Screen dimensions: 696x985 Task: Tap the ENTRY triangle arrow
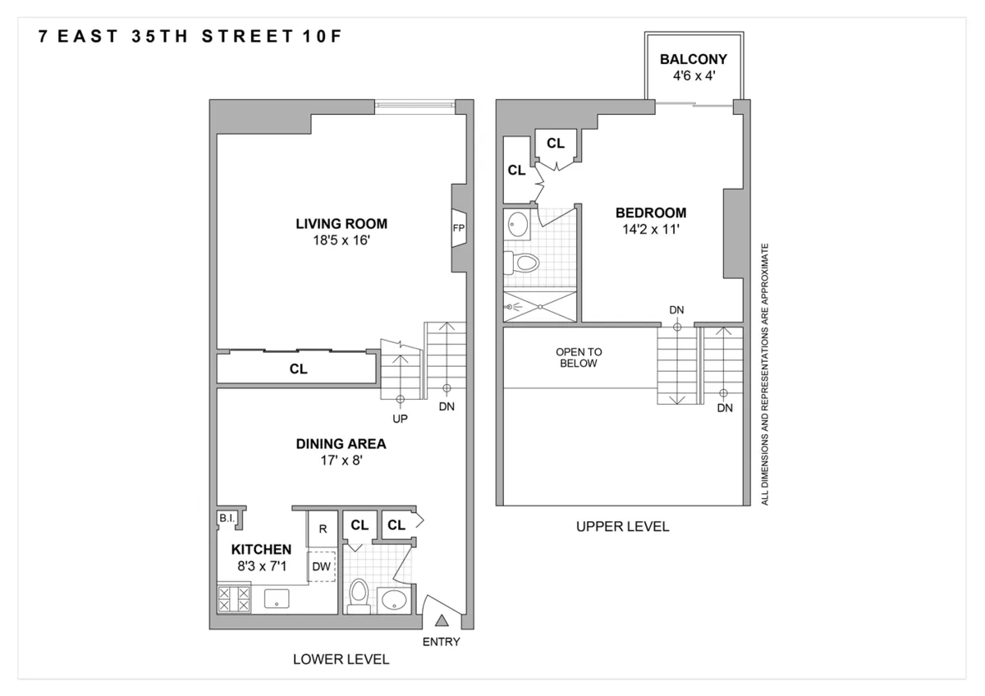click(442, 620)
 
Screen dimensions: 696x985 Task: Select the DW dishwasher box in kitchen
click(322, 565)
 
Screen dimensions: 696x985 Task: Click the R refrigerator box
click(322, 529)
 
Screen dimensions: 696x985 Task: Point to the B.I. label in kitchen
click(226, 519)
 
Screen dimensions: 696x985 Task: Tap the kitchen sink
click(277, 598)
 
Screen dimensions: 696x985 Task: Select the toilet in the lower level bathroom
click(359, 596)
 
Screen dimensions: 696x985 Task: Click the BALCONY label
click(694, 60)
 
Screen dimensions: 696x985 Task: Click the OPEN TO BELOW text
click(578, 357)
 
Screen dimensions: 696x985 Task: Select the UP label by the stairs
click(401, 418)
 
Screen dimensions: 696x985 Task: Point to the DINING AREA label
click(341, 444)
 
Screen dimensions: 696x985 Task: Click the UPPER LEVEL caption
click(622, 527)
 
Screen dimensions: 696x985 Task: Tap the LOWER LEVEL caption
click(341, 659)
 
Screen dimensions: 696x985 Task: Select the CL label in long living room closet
click(298, 369)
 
